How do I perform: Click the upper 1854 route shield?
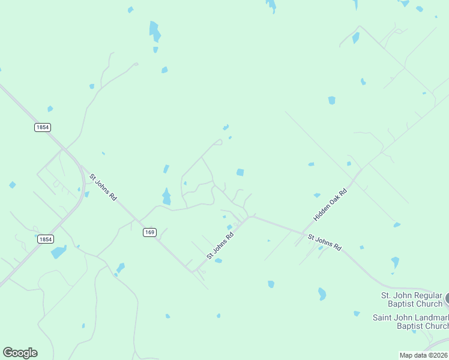(42, 127)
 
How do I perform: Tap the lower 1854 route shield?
(45, 239)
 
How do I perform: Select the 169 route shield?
(149, 232)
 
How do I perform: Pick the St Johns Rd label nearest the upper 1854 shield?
(103, 187)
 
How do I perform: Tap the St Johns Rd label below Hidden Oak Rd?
(324, 242)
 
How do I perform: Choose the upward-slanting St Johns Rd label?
(219, 245)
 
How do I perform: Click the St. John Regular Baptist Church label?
(412, 299)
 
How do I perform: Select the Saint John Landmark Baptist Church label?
(411, 322)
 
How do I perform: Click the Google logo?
(20, 353)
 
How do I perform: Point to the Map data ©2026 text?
(424, 355)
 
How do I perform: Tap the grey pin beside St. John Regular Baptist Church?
(447, 298)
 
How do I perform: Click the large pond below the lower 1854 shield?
(58, 252)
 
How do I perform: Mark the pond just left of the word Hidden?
(316, 195)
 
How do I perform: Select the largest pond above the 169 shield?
(166, 196)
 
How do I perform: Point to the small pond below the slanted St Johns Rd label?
(218, 261)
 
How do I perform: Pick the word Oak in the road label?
(331, 203)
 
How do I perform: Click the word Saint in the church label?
(384, 317)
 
